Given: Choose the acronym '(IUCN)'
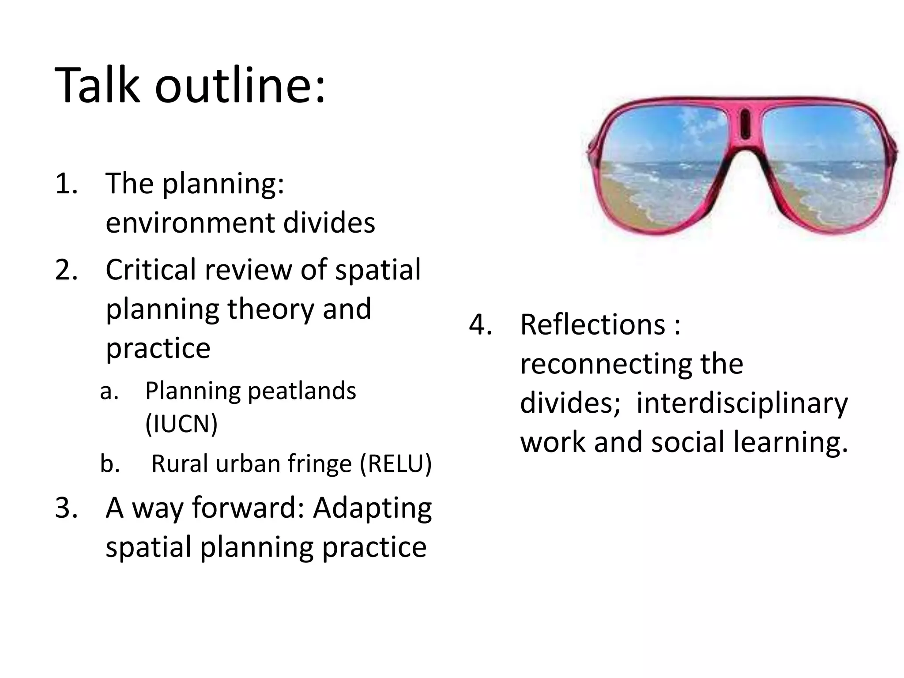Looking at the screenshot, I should pyautogui.click(x=181, y=424).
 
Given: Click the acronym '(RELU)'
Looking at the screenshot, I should pyautogui.click(x=395, y=464).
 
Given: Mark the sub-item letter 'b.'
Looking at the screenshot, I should pyautogui.click(x=110, y=464).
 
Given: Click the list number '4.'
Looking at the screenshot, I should pyautogui.click(x=480, y=324).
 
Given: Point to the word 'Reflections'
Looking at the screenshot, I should pyautogui.click(x=592, y=324).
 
